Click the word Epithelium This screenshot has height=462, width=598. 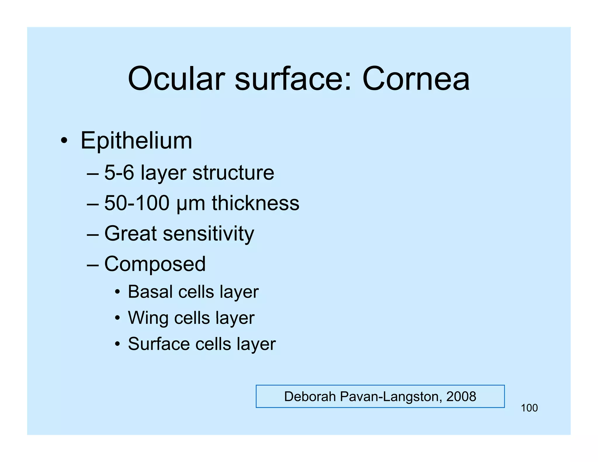coord(136,141)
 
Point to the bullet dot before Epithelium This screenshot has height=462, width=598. coord(64,141)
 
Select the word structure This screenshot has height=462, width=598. coord(233,173)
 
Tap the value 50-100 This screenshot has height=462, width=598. coord(137,203)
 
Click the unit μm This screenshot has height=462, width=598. coord(191,204)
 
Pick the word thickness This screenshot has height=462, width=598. coord(255,203)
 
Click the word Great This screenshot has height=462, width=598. coord(131,234)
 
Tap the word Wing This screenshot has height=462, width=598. coord(148,318)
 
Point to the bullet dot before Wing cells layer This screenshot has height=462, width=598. coord(117,318)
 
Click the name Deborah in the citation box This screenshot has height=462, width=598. coord(310,397)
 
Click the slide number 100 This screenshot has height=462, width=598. coord(529,408)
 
